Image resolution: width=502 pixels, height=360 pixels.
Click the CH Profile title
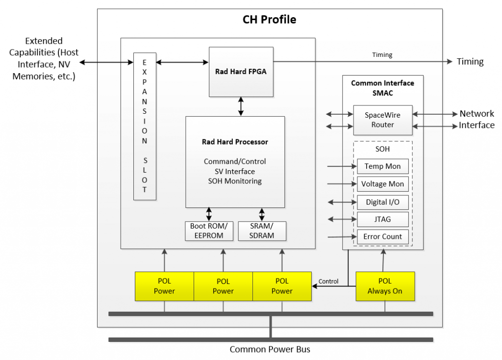pyautogui.click(x=269, y=20)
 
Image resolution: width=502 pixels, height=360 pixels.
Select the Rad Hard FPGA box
pyautogui.click(x=241, y=72)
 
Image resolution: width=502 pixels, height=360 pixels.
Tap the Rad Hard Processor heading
pyautogui.click(x=235, y=142)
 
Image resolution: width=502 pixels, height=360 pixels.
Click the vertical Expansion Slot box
pyautogui.click(x=145, y=126)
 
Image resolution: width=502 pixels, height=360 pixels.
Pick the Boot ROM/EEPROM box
pyautogui.click(x=209, y=231)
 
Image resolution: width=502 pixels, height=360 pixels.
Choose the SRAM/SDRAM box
pyautogui.click(x=261, y=231)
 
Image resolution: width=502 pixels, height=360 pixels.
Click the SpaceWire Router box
pyautogui.click(x=382, y=120)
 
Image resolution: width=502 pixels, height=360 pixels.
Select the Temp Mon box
pyautogui.click(x=382, y=166)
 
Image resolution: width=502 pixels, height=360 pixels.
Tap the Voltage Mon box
pyautogui.click(x=382, y=184)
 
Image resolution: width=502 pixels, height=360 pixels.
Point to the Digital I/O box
pyautogui.click(x=382, y=202)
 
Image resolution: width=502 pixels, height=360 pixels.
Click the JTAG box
pyautogui.click(x=382, y=219)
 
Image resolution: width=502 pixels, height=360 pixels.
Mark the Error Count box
pyautogui.click(x=382, y=236)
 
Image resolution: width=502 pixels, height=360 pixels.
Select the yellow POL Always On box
pyautogui.click(x=385, y=286)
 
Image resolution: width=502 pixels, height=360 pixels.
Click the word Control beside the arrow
pyautogui.click(x=328, y=282)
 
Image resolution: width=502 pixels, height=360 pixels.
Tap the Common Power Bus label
pyautogui.click(x=270, y=350)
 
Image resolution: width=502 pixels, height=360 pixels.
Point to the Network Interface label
pyautogui.click(x=477, y=120)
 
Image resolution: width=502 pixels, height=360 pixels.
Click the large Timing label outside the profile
pyautogui.click(x=470, y=62)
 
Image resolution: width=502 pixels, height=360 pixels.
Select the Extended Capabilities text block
pyautogui.click(x=44, y=58)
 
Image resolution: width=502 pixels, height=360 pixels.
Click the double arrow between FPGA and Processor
pyautogui.click(x=241, y=106)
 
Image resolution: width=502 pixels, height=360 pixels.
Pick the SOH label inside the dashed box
pyautogui.click(x=382, y=149)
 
